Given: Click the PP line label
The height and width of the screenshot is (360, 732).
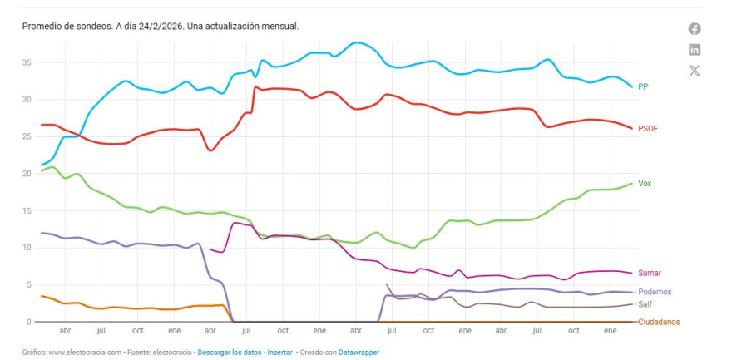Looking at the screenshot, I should point(643,86).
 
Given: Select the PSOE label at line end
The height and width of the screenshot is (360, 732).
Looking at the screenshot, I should point(648,129).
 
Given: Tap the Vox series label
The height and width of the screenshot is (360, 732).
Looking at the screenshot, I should point(645,184).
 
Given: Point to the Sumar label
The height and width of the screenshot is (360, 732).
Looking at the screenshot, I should point(649,273).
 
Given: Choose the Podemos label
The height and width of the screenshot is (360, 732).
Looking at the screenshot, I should point(655,292).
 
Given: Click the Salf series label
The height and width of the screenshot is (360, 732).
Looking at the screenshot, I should point(645,304).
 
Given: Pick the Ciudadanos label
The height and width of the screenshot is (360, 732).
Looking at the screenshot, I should point(659,322).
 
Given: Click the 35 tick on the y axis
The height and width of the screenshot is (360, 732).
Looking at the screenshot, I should point(27,62).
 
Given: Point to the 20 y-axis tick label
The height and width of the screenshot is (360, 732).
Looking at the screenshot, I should point(27,174).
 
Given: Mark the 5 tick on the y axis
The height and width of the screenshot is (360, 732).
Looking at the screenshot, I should point(30,285).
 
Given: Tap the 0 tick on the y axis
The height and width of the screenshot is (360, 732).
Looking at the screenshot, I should point(30,322).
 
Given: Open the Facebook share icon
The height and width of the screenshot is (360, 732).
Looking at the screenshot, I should point(695,29).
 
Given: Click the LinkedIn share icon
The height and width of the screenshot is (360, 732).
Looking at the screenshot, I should point(695,50).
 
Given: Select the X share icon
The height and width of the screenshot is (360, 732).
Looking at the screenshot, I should point(695,71).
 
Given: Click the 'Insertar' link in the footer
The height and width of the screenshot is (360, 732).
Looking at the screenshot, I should point(279,353).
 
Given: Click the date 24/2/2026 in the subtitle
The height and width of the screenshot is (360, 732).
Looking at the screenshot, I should point(161,27).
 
